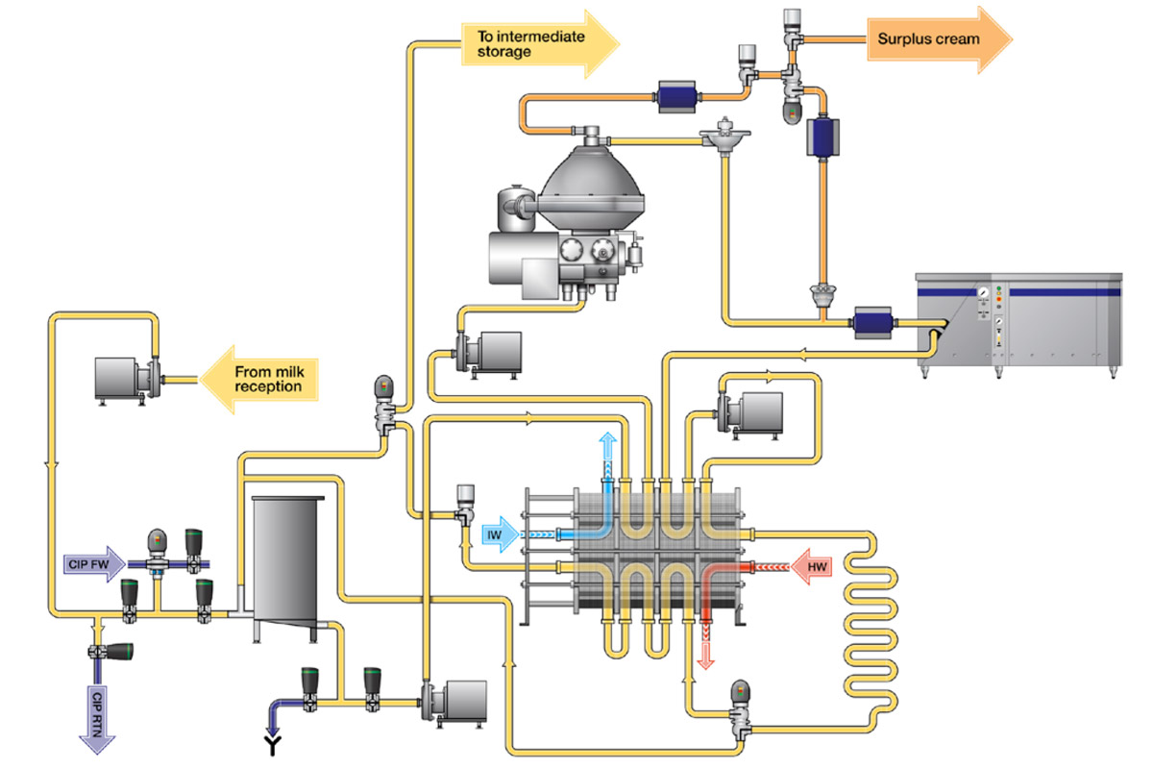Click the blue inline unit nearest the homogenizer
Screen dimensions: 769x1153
(x=874, y=322)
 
